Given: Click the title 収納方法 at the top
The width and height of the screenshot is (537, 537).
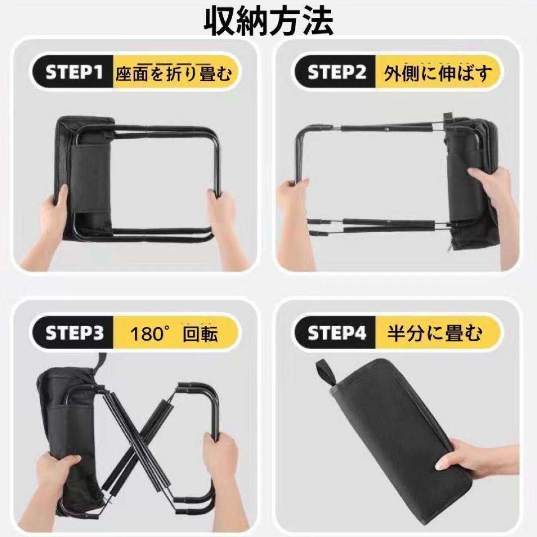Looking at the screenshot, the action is pyautogui.click(x=268, y=21).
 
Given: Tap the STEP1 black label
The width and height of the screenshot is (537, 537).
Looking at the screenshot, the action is pyautogui.click(x=73, y=73).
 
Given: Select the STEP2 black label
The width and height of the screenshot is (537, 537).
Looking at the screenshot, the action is pyautogui.click(x=336, y=73).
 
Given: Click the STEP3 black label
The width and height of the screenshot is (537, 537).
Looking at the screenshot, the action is pyautogui.click(x=73, y=333).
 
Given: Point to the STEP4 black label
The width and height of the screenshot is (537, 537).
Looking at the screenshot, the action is pyautogui.click(x=336, y=333).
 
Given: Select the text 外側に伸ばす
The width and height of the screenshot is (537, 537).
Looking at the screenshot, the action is pyautogui.click(x=438, y=73).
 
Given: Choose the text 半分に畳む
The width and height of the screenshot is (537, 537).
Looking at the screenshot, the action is pyautogui.click(x=435, y=333).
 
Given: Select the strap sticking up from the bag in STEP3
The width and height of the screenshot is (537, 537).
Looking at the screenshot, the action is pyautogui.click(x=100, y=361).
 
